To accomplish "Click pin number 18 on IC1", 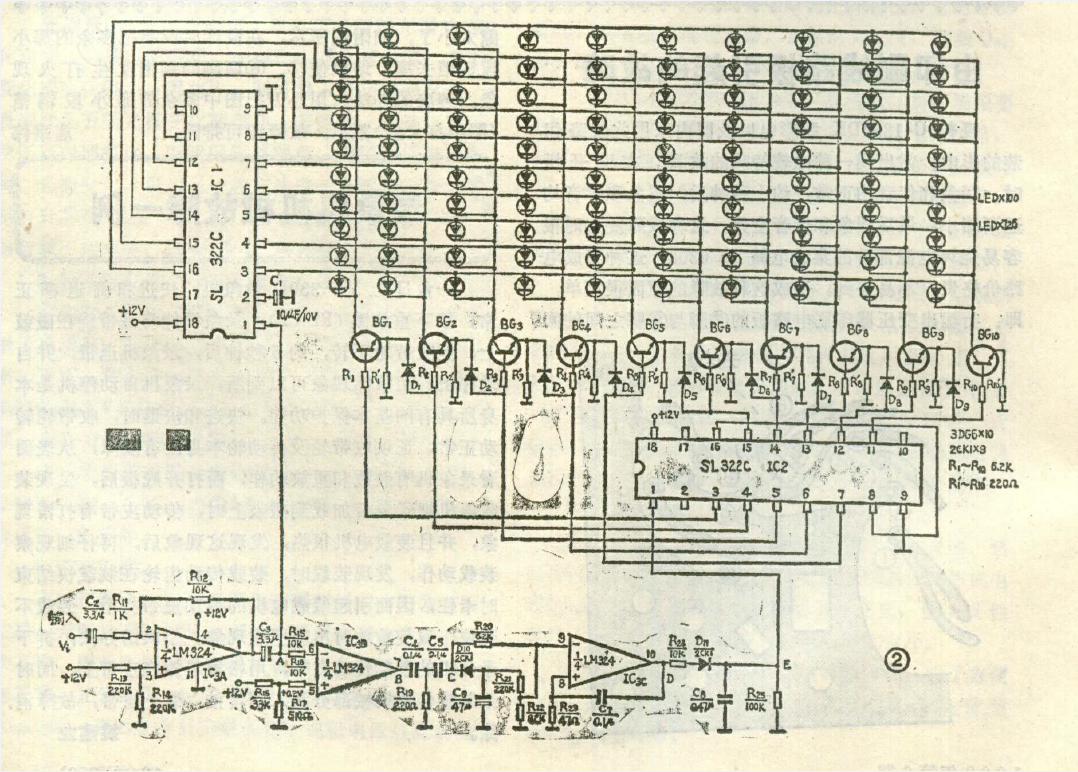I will tap(190, 324).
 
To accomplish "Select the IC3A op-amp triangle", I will tap(195, 654).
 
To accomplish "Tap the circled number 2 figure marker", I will tap(897, 660).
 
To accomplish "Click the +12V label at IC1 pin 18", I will tap(135, 312).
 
